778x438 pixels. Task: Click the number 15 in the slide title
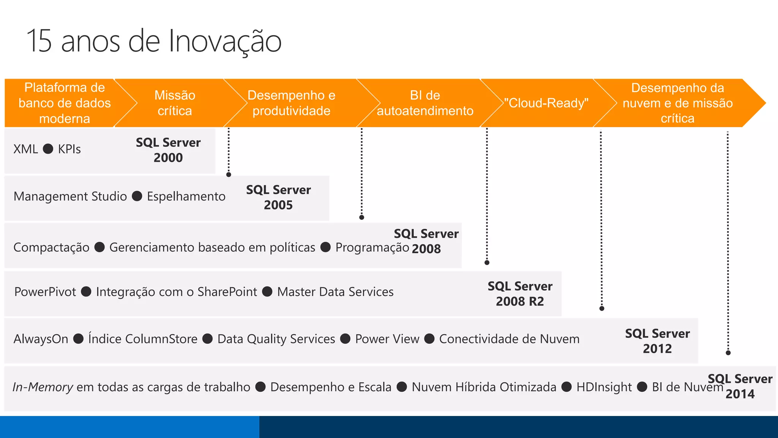coord(39,41)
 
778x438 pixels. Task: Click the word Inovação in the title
coord(225,41)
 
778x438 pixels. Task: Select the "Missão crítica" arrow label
coord(175,103)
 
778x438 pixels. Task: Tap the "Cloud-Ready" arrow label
coord(546,103)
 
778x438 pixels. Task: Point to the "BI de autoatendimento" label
coord(425,103)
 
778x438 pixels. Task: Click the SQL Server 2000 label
coord(168,150)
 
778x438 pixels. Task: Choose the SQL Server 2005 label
coord(278,197)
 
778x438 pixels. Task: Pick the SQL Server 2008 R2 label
coord(520,294)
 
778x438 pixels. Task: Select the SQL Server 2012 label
coord(657,341)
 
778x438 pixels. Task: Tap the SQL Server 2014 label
coord(740,386)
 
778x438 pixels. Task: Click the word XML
coord(25,149)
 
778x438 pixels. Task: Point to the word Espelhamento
coord(186,197)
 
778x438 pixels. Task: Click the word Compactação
coord(51,248)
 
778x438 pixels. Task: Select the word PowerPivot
coord(45,292)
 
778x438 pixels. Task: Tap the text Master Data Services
coord(335,292)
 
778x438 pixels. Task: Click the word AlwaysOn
coord(41,339)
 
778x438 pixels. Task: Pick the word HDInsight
coord(604,387)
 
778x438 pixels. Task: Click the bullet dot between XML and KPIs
coord(48,149)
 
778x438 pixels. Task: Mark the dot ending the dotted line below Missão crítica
coord(229,175)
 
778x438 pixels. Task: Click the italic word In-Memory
coord(43,387)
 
